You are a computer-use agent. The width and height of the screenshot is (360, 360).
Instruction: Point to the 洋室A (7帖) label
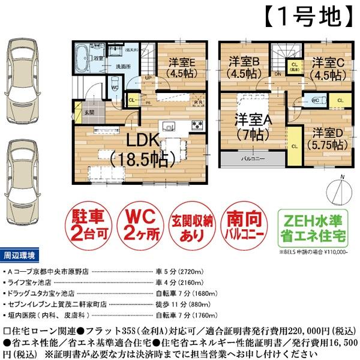(x=253, y=127)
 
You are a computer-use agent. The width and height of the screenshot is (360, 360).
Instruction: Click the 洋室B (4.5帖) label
(x=243, y=67)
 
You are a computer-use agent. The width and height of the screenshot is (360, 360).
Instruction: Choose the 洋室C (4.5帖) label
(x=327, y=67)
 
